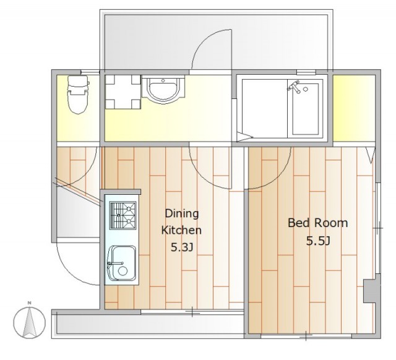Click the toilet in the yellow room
(78, 95)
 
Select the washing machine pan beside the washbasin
(123, 92)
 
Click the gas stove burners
(123, 215)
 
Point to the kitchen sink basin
(123, 264)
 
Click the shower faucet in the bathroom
(294, 87)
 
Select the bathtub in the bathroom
(305, 108)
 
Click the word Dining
(181, 213)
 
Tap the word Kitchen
(181, 230)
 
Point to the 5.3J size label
(182, 247)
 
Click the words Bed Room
(317, 223)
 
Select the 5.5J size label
(318, 241)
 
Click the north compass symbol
(30, 322)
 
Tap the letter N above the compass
(30, 302)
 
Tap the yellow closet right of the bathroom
(354, 108)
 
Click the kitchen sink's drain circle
(123, 271)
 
